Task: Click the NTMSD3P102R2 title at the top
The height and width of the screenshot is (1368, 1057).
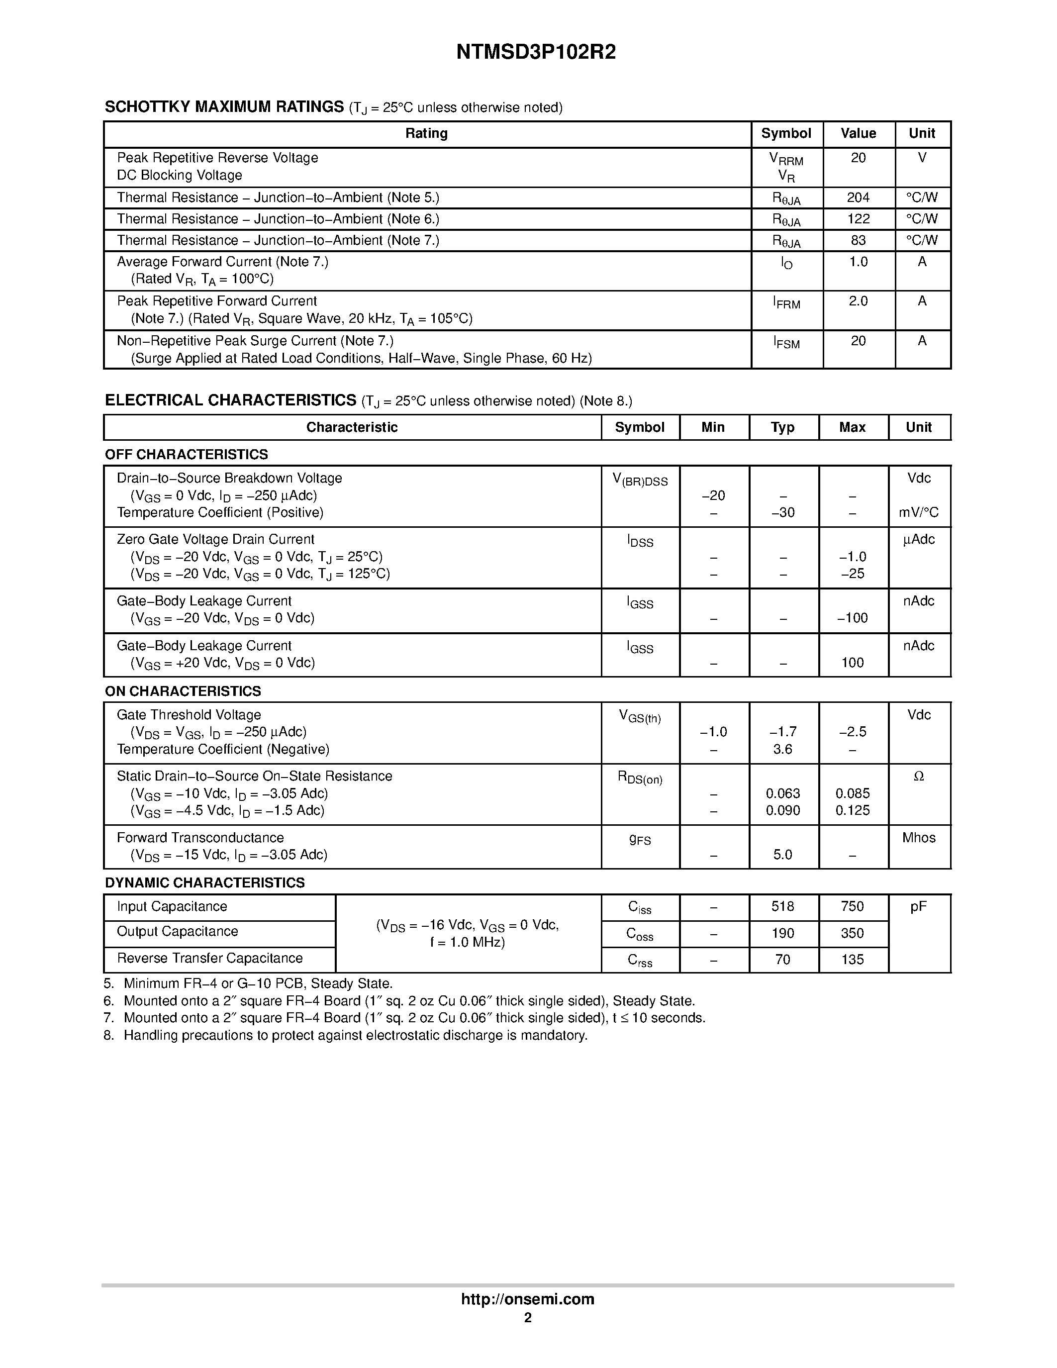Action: [x=535, y=53]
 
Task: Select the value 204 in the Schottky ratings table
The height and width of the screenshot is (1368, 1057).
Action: [x=858, y=198]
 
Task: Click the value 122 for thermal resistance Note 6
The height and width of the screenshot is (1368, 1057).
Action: [x=858, y=219]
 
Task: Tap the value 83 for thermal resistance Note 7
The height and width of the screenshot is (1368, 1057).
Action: [x=858, y=241]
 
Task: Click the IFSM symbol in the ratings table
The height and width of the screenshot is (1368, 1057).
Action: [x=786, y=343]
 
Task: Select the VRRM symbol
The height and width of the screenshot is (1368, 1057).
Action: [x=786, y=160]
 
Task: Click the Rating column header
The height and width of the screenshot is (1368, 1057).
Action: [x=426, y=133]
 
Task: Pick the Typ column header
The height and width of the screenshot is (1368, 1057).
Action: [x=783, y=427]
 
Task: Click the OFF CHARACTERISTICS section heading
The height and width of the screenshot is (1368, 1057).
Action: [x=186, y=454]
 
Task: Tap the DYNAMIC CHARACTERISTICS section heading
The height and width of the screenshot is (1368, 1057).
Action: [x=205, y=882]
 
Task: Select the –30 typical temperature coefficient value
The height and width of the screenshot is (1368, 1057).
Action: [x=783, y=513]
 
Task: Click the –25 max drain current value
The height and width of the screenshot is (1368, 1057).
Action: [x=852, y=574]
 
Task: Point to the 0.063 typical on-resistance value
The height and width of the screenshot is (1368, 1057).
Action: [x=783, y=793]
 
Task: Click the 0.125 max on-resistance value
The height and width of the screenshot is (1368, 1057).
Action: [x=852, y=810]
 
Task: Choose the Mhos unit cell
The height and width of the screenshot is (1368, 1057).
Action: [x=919, y=838]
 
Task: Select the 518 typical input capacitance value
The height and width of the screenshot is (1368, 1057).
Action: [x=783, y=907]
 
